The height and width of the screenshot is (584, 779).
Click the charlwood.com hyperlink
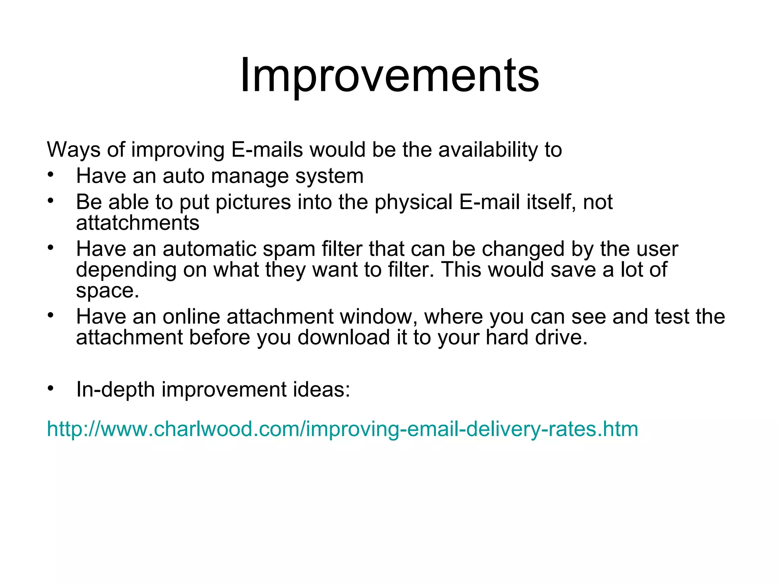(x=342, y=429)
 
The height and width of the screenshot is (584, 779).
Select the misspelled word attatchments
(x=137, y=223)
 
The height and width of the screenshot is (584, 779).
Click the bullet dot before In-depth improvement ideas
(x=51, y=388)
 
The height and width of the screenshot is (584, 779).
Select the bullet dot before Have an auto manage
(x=51, y=175)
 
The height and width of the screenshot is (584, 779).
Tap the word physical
(x=413, y=202)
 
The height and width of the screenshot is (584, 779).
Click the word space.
(x=108, y=291)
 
